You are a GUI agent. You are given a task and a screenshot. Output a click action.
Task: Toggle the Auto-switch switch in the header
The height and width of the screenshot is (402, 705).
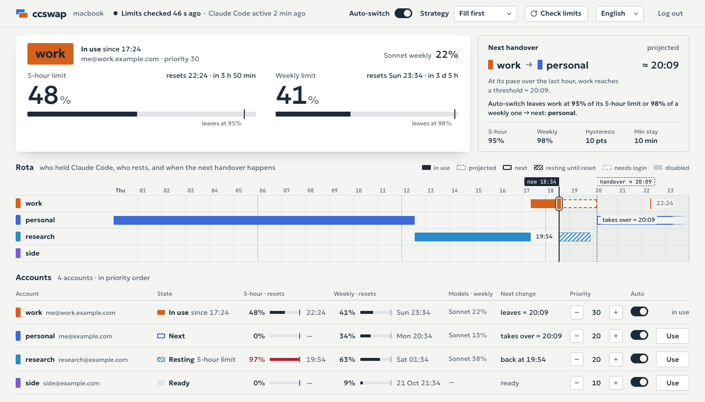pyautogui.click(x=403, y=13)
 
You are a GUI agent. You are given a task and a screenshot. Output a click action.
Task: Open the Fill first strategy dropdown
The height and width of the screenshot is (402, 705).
pyautogui.click(x=485, y=14)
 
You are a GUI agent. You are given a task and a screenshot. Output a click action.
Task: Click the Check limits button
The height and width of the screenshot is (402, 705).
pyautogui.click(x=556, y=14)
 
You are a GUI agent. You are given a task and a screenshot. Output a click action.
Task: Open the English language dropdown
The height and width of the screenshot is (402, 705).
pyautogui.click(x=619, y=14)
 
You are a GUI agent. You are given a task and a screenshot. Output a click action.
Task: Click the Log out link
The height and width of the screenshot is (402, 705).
pyautogui.click(x=670, y=14)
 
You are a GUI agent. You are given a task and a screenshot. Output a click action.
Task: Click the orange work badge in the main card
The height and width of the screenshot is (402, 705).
pyautogui.click(x=50, y=54)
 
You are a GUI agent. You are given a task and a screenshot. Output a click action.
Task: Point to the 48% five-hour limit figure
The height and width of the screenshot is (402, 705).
pyautogui.click(x=49, y=95)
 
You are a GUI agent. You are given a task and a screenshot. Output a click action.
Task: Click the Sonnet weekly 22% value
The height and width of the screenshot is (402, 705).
pyautogui.click(x=446, y=55)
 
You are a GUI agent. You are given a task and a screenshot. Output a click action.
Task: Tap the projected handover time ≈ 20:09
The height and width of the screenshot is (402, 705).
pyautogui.click(x=660, y=65)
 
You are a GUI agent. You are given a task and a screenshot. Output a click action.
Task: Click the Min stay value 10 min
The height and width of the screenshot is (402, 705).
pyautogui.click(x=645, y=141)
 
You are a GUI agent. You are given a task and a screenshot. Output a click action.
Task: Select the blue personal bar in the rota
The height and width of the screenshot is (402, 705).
pyautogui.click(x=264, y=220)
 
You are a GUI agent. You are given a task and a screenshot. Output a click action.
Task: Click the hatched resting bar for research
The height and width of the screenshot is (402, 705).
pyautogui.click(x=575, y=236)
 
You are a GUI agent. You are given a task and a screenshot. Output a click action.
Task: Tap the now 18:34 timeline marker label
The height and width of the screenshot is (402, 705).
pyautogui.click(x=541, y=182)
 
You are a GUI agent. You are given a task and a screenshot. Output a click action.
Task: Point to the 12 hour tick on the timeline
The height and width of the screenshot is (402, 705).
pyautogui.click(x=406, y=190)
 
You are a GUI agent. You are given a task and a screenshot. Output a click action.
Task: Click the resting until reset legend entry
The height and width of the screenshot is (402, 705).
pyautogui.click(x=564, y=168)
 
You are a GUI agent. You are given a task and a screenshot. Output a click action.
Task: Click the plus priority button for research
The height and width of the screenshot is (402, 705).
pyautogui.click(x=615, y=359)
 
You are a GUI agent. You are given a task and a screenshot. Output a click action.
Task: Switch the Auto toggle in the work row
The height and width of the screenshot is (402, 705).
pyautogui.click(x=639, y=311)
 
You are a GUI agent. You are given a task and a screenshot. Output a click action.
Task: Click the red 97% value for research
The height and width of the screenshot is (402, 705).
pyautogui.click(x=257, y=359)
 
